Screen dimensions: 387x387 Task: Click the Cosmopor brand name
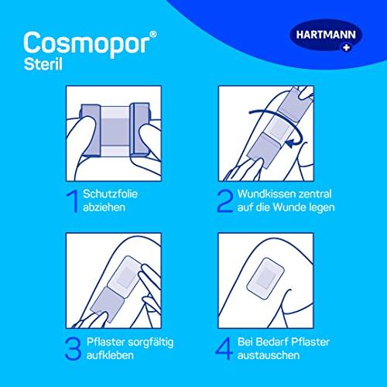pyautogui.click(x=87, y=44)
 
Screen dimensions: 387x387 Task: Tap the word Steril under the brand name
pyautogui.click(x=43, y=64)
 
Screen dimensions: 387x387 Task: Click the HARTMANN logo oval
pyautogui.click(x=326, y=36)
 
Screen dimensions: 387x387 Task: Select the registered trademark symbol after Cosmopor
pyautogui.click(x=153, y=34)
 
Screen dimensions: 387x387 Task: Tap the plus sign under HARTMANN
pyautogui.click(x=347, y=47)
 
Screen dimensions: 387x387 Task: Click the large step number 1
pyautogui.click(x=73, y=201)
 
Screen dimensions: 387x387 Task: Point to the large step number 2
pyautogui.click(x=224, y=201)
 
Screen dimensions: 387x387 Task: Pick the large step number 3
pyautogui.click(x=73, y=349)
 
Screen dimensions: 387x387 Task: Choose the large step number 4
pyautogui.click(x=224, y=349)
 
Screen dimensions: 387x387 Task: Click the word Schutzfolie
pyautogui.click(x=110, y=194)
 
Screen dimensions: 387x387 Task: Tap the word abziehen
pyautogui.click(x=104, y=207)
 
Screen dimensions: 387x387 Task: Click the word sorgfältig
pyautogui.click(x=151, y=343)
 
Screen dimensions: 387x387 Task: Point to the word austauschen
pyautogui.click(x=269, y=355)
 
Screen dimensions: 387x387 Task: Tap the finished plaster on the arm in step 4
pyautogui.click(x=265, y=278)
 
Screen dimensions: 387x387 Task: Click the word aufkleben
pyautogui.click(x=110, y=355)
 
